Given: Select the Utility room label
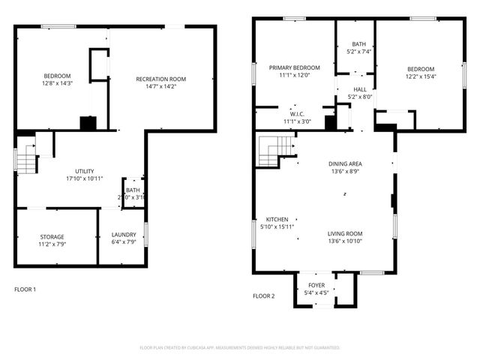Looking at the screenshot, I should pyautogui.click(x=83, y=171).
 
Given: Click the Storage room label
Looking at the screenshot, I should pyautogui.click(x=52, y=236).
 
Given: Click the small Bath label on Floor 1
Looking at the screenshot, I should pyautogui.click(x=133, y=190).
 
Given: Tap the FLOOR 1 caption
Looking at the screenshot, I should pyautogui.click(x=25, y=289).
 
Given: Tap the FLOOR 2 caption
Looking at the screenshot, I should pyautogui.click(x=263, y=295).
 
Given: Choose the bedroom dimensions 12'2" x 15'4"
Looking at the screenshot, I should pyautogui.click(x=421, y=76).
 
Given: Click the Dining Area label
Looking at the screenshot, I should pyautogui.click(x=345, y=163).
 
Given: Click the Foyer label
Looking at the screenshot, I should pyautogui.click(x=316, y=285).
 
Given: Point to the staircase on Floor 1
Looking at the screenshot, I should pyautogui.click(x=26, y=159).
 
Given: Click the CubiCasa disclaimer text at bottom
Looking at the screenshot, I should pyautogui.click(x=240, y=347).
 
